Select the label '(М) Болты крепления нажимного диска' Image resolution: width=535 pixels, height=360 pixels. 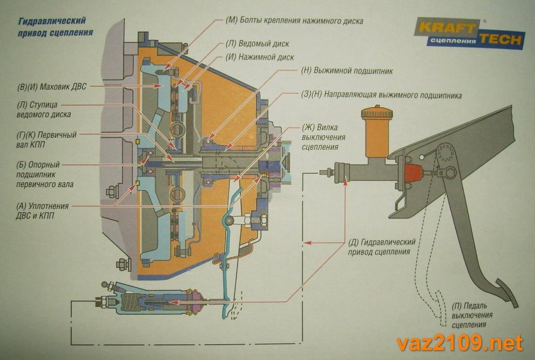(294, 20)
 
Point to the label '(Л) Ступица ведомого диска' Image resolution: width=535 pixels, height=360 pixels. (44, 110)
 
